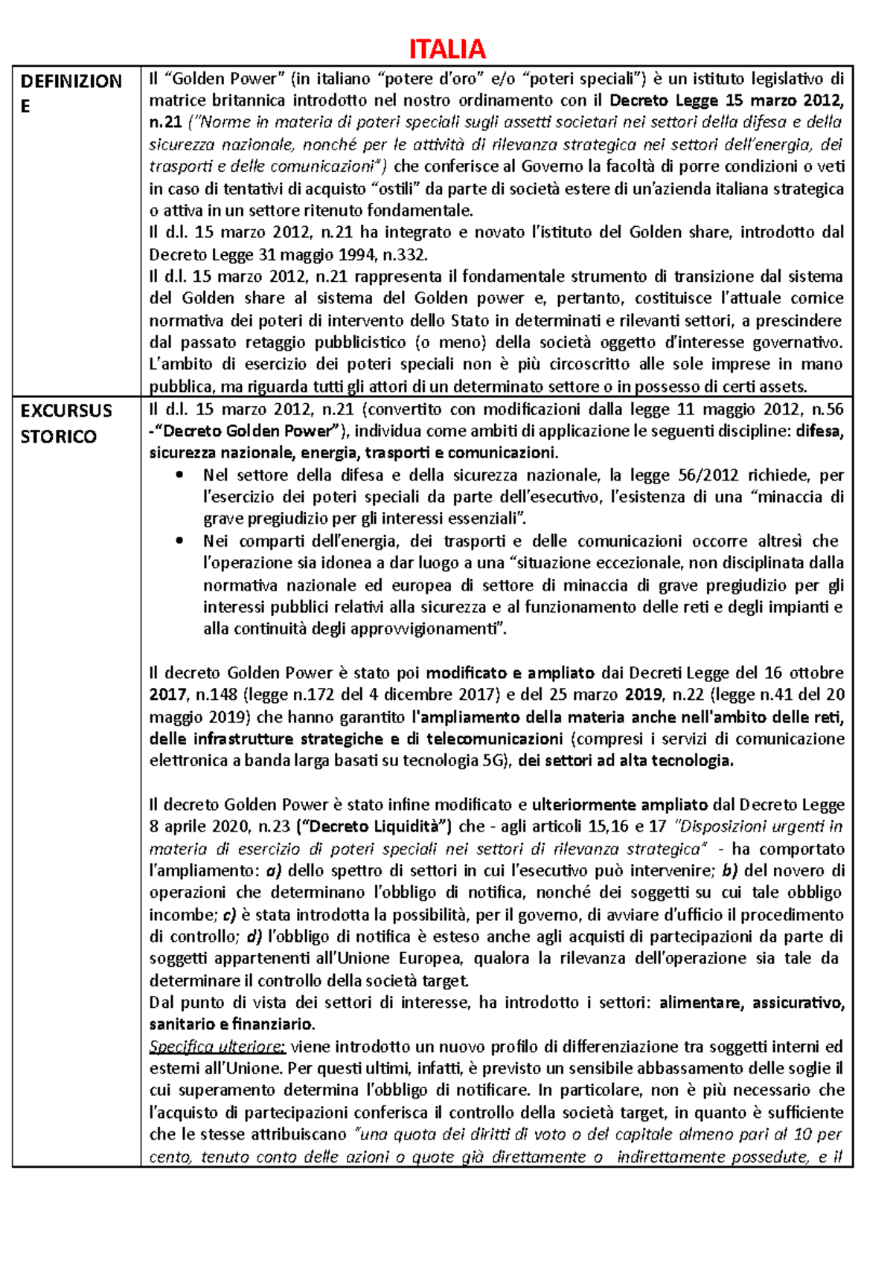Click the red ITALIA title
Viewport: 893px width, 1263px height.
[x=447, y=49]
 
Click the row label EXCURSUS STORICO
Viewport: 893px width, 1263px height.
[x=65, y=423]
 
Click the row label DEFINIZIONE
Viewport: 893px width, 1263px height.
[x=71, y=93]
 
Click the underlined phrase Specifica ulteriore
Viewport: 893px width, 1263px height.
[x=217, y=1047]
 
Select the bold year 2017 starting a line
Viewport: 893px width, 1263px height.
[x=168, y=695]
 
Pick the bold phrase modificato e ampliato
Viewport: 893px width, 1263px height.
[x=510, y=673]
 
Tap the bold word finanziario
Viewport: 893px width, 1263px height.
[x=272, y=1024]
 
